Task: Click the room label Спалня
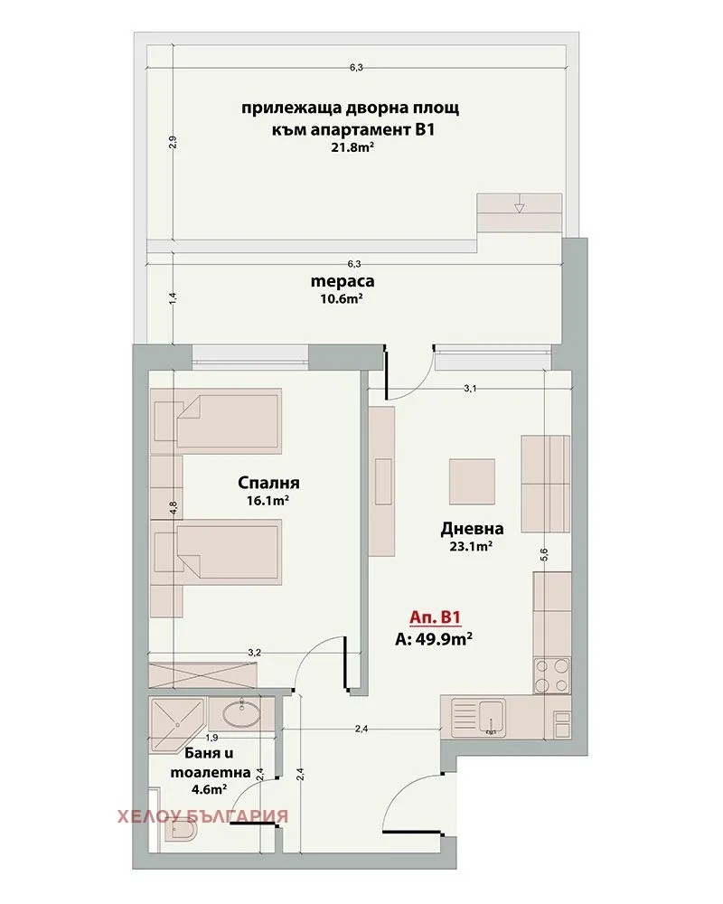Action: tap(268, 482)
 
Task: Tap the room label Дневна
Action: tap(472, 528)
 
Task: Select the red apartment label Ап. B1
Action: tap(436, 618)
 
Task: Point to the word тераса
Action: tap(343, 281)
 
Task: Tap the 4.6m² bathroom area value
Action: tap(210, 789)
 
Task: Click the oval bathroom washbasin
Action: tap(239, 715)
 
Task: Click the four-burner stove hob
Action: tap(552, 675)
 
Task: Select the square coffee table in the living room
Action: tap(472, 482)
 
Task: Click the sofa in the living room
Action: tap(546, 484)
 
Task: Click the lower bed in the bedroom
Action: tap(217, 552)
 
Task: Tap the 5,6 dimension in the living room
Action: tap(544, 554)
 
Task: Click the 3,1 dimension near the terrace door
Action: tap(470, 389)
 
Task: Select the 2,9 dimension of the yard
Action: tap(173, 142)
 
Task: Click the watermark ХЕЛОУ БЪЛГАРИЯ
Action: tap(202, 816)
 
